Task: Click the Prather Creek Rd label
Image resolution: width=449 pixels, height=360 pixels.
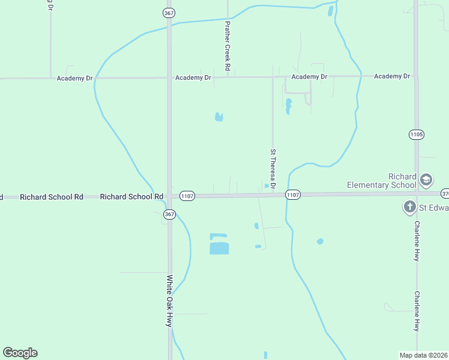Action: [228, 46]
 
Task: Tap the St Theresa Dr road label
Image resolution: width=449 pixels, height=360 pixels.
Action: [273, 169]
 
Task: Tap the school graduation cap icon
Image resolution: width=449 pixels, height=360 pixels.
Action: [426, 179]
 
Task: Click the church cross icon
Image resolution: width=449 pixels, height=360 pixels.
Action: [409, 208]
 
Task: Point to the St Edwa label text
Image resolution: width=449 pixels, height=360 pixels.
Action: [433, 208]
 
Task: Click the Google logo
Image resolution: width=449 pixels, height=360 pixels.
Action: [20, 353]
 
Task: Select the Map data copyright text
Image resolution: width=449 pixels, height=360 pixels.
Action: [424, 355]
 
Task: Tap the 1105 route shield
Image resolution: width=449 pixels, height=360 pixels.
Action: [417, 134]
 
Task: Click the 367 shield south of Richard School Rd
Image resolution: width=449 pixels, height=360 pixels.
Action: [169, 214]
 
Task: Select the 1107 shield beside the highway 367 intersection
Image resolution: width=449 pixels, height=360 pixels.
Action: [187, 196]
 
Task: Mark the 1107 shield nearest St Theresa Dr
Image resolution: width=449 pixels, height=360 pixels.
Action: [292, 195]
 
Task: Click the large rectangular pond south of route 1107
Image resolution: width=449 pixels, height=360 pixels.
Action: [219, 248]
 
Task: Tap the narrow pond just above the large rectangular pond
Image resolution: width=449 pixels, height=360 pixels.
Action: [218, 235]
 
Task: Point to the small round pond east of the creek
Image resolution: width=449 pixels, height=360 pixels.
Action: [320, 241]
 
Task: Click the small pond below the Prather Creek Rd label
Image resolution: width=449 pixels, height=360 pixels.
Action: [219, 116]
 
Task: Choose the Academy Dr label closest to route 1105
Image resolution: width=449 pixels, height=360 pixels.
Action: [391, 76]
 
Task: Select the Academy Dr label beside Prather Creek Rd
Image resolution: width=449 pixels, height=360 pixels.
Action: [193, 78]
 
